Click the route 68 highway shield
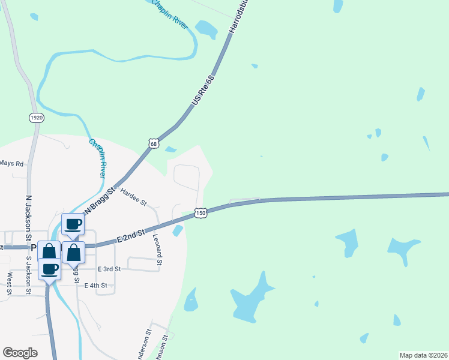click(x=154, y=143)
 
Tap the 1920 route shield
click(x=37, y=118)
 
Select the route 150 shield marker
click(x=200, y=213)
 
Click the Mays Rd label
click(x=11, y=163)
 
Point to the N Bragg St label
click(x=99, y=201)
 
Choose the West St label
click(x=10, y=284)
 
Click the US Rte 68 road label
click(x=203, y=92)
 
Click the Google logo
click(x=20, y=353)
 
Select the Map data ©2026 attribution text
click(x=423, y=355)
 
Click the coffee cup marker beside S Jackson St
click(x=50, y=269)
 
